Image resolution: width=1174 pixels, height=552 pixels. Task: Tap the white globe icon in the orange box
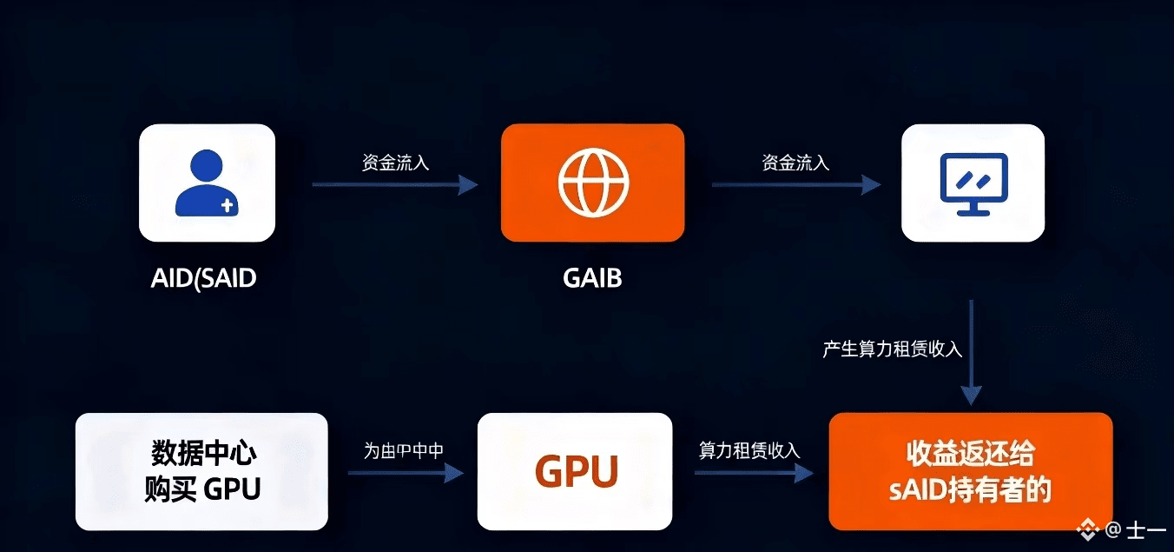[593, 183]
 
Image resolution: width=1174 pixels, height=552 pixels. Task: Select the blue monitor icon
[973, 183]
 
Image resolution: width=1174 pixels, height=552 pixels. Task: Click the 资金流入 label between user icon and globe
[395, 163]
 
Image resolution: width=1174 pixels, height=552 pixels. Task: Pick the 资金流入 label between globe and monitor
[795, 163]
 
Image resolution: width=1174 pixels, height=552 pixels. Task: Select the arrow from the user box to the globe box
[395, 184]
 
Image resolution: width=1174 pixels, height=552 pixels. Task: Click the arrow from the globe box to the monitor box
[795, 184]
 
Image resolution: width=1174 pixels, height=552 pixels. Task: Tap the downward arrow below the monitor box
[971, 352]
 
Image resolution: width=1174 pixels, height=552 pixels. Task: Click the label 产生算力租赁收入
[893, 349]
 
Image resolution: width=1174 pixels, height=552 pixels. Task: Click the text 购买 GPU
[202, 489]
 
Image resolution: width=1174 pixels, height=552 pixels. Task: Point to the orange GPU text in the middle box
[576, 472]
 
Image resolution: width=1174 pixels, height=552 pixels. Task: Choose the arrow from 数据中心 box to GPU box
[406, 473]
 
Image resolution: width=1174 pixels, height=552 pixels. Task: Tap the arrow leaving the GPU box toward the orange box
[753, 473]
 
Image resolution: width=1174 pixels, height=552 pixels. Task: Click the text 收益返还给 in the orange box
[970, 454]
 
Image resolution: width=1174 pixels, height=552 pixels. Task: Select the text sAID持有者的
[970, 489]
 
